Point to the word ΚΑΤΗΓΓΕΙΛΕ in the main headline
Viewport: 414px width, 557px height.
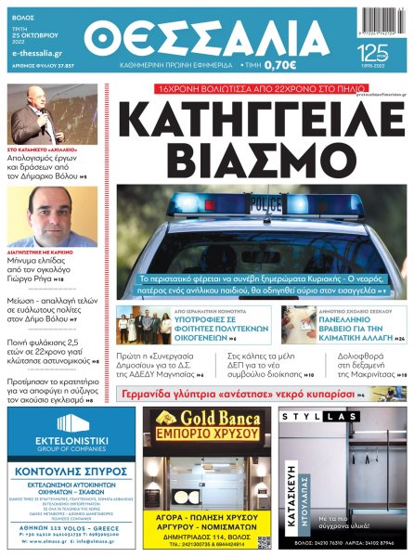point(263,120)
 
